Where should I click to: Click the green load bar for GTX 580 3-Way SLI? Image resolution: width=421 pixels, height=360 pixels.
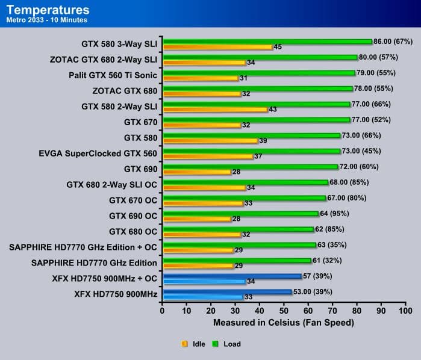[267, 42]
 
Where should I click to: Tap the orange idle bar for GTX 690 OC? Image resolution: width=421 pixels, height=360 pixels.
[196, 219]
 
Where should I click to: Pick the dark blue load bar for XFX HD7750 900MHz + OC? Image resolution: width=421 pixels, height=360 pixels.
[231, 276]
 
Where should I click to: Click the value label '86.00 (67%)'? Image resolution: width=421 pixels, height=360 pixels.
[395, 42]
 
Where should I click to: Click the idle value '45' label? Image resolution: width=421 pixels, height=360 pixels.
[278, 47]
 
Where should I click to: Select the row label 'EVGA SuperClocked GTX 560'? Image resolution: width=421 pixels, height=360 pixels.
[97, 154]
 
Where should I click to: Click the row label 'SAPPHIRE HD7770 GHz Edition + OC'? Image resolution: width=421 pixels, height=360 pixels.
[83, 247]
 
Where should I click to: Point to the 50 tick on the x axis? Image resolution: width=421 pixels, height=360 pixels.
[284, 311]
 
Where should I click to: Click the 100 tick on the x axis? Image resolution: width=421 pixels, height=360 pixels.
[405, 311]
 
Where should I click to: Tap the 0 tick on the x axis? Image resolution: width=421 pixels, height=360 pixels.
[162, 311]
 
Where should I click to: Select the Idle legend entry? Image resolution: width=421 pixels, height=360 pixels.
[193, 344]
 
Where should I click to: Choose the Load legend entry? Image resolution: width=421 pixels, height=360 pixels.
[226, 344]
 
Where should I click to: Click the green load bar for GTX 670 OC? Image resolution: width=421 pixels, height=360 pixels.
[243, 198]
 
